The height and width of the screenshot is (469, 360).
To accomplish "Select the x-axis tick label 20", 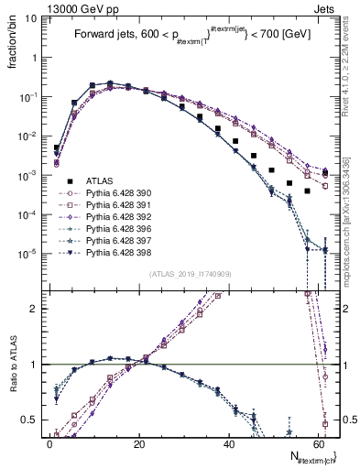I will click(x=138, y=443).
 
